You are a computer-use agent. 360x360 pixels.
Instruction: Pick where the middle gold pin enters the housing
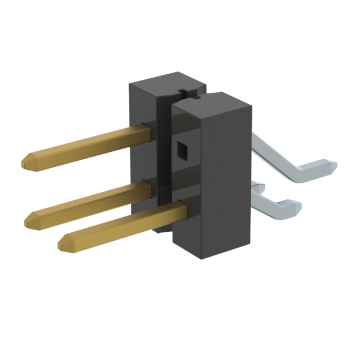(x=150, y=190)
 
